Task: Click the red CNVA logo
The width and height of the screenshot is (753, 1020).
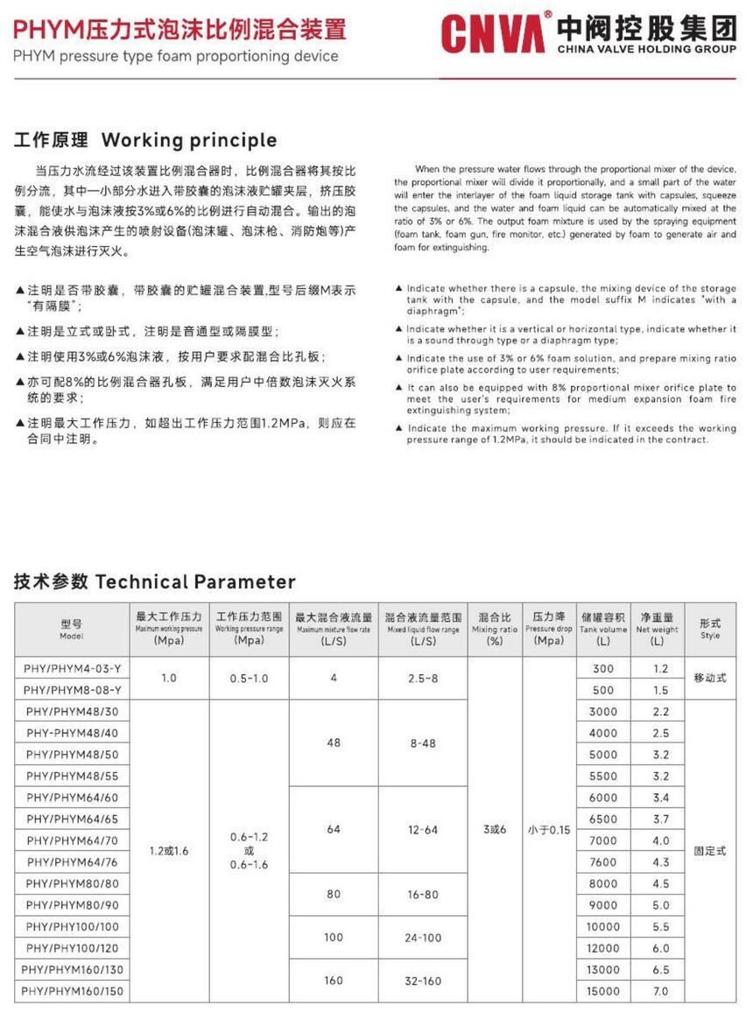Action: (x=495, y=33)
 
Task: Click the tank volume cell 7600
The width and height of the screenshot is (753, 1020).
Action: (x=603, y=862)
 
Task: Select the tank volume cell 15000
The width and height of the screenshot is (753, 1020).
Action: (x=603, y=990)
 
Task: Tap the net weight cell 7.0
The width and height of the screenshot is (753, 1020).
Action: (x=660, y=990)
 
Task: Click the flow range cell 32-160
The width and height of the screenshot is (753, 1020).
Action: (x=422, y=981)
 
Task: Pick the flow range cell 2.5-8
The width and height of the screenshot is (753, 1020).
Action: (x=422, y=679)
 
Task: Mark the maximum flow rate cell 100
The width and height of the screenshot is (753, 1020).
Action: (x=334, y=937)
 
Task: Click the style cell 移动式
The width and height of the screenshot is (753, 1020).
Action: (x=710, y=679)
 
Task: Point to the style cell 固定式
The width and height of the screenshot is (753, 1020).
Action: (x=710, y=850)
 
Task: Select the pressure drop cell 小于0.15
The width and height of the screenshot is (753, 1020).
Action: (x=549, y=829)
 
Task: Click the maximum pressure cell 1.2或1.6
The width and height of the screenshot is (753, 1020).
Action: (x=169, y=850)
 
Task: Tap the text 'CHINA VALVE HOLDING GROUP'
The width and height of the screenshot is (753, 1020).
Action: (x=646, y=50)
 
